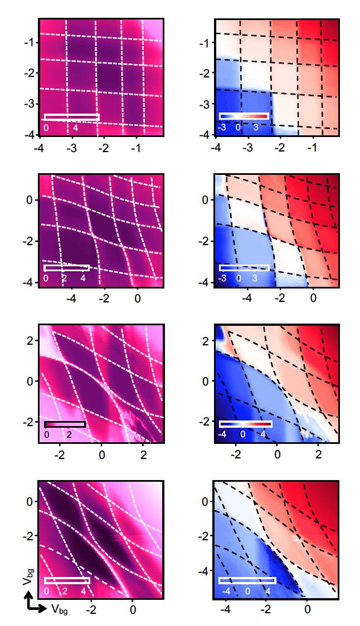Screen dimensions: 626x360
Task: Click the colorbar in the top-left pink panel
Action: tap(71, 117)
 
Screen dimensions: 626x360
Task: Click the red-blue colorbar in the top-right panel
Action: tap(244, 116)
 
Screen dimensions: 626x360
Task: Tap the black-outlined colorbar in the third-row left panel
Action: tap(64, 424)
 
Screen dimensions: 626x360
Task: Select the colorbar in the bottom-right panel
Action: tap(247, 580)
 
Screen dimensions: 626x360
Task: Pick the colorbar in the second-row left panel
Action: tap(67, 268)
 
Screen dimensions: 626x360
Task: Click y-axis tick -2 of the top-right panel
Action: tap(205, 73)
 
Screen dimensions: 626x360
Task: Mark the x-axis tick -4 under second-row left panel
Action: tap(71, 298)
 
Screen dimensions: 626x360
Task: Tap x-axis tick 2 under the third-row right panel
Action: tap(318, 454)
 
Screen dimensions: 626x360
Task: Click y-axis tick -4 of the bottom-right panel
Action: tap(204, 571)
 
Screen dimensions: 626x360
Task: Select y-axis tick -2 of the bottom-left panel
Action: tap(29, 536)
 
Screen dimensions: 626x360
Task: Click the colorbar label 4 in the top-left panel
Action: tap(74, 128)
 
